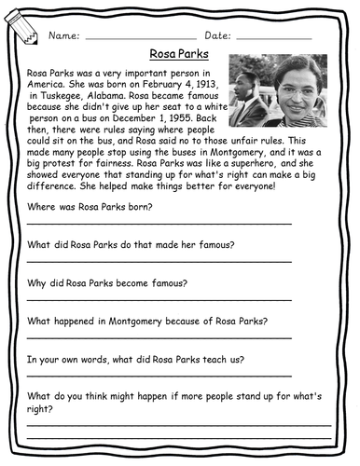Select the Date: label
tap(216, 35)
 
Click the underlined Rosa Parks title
tap(180, 55)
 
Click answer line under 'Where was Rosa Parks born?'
tap(159, 224)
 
